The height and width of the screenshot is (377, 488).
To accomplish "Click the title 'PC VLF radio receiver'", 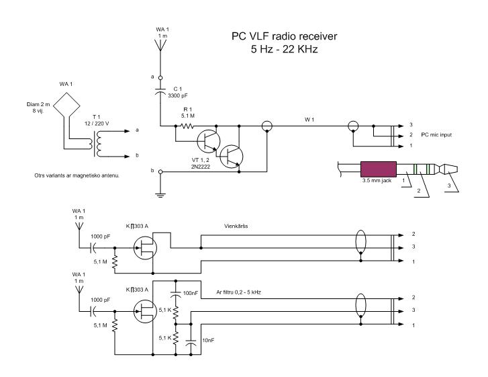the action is point(284,36).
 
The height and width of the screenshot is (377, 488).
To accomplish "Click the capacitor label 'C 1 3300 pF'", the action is point(178,93).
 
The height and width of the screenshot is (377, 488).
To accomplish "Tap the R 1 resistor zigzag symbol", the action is point(187,126).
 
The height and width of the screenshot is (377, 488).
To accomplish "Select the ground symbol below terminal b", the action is point(160,196).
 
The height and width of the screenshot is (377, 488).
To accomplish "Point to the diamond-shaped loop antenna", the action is point(66,105).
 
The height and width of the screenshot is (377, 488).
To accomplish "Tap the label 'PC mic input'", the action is point(436,135).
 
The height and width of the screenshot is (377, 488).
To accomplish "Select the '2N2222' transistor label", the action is point(201,167).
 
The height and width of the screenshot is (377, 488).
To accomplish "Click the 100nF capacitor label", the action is point(191,293).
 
